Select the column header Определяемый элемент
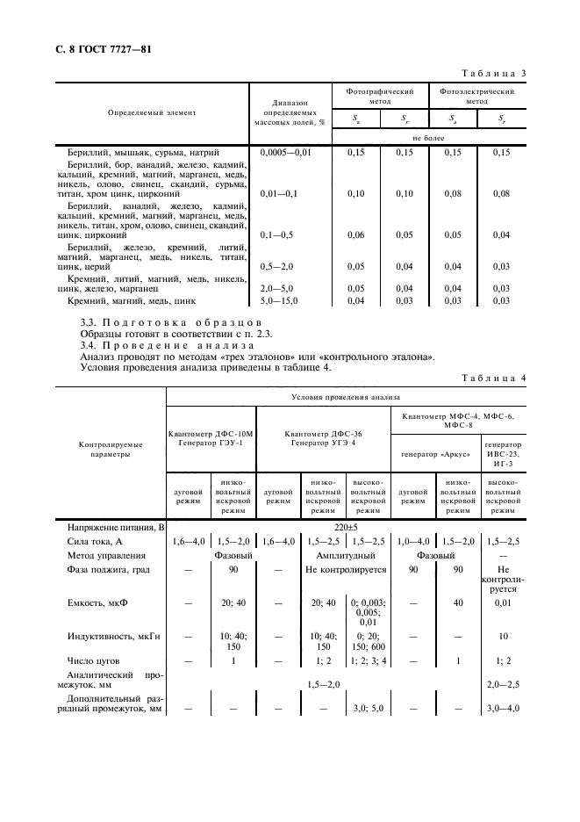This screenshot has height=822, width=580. (x=152, y=112)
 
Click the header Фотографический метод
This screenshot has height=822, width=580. (x=379, y=96)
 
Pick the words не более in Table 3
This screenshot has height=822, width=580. (x=428, y=139)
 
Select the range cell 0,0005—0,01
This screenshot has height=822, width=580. (x=286, y=153)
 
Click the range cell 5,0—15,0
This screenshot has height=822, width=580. (x=281, y=301)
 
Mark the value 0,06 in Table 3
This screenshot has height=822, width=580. (x=356, y=235)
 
